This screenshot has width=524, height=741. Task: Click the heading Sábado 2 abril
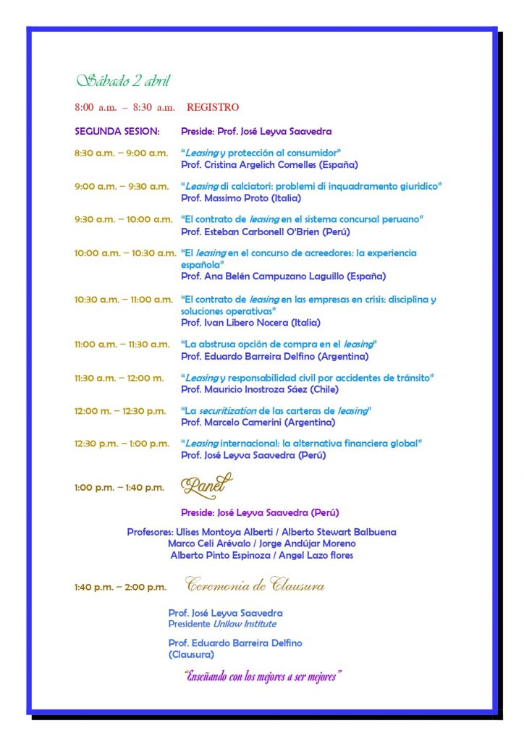[123, 80]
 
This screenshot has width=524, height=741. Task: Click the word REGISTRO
[213, 108]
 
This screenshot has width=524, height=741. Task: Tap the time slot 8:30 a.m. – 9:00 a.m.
[121, 153]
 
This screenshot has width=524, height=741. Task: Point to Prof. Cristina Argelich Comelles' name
[260, 164]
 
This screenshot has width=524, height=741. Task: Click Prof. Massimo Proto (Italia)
[240, 198]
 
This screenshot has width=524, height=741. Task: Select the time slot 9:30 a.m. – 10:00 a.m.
[123, 219]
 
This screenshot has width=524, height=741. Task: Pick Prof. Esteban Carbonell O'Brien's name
[265, 232]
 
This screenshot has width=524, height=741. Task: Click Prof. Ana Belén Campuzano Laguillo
[283, 276]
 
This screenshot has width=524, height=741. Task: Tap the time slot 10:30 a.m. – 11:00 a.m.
[123, 300]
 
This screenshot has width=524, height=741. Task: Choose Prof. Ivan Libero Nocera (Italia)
[250, 322]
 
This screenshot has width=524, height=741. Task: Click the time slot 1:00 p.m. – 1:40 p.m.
[119, 488]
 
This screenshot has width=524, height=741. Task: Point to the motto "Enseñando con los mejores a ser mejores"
[263, 677]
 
